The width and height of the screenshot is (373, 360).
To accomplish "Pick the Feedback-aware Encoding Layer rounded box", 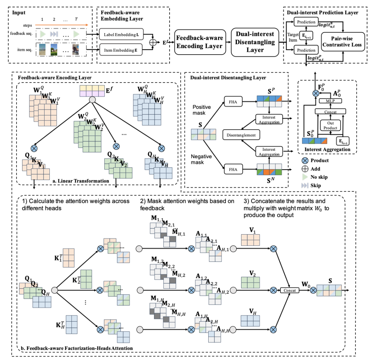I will tap(199, 42).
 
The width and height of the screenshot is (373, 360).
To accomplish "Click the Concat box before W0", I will tap(289, 290).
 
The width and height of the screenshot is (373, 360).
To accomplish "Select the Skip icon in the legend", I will tap(305, 185).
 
